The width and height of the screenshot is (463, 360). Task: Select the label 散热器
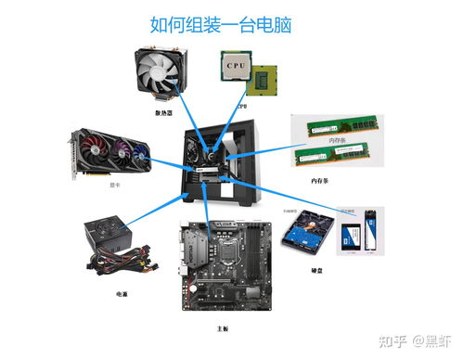[x=164, y=113]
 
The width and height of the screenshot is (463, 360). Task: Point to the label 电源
[x=122, y=293]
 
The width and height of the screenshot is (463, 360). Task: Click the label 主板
[x=222, y=328]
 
